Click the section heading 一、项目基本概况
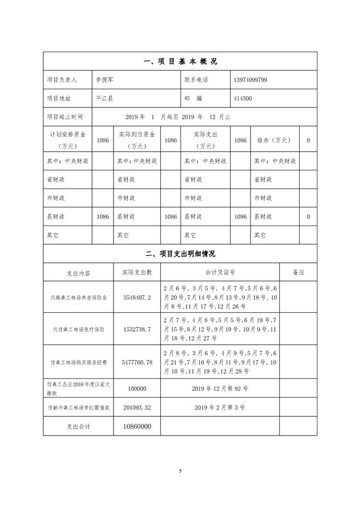coord(180,61)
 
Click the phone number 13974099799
coord(250,80)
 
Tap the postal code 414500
coord(242,98)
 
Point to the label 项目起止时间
coord(65,116)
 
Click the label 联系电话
coord(197,80)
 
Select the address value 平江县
coord(104,98)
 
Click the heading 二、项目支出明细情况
coord(180,253)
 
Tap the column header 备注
coord(299,272)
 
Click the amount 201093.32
coord(136,407)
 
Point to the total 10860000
coord(136,426)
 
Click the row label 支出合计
coord(79,426)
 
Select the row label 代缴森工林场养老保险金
coord(79,297)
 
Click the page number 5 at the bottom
coord(180,471)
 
